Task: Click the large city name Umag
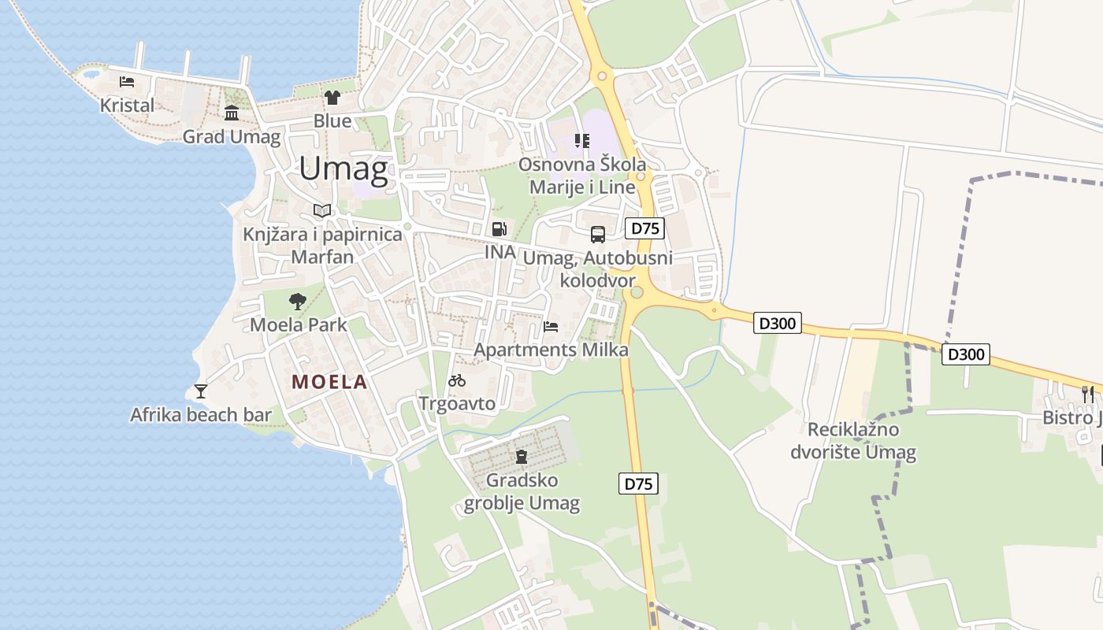click(x=344, y=169)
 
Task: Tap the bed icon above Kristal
click(x=127, y=81)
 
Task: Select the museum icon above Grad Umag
click(x=232, y=113)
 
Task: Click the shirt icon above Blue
click(x=332, y=98)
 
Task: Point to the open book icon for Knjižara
click(x=321, y=210)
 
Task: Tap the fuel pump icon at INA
click(x=499, y=229)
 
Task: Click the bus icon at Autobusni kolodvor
click(x=598, y=234)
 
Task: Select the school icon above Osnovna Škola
click(x=582, y=141)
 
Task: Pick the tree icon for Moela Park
click(x=298, y=301)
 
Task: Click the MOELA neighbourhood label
click(x=329, y=382)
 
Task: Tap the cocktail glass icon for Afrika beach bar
click(x=201, y=391)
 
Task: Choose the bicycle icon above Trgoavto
click(x=457, y=381)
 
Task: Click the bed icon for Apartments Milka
click(x=551, y=327)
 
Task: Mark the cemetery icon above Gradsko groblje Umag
click(x=521, y=457)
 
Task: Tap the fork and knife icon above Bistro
click(x=1088, y=394)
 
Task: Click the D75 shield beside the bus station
click(x=644, y=228)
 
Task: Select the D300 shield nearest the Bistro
click(x=966, y=354)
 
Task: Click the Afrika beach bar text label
click(x=201, y=415)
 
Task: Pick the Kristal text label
click(x=127, y=105)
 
